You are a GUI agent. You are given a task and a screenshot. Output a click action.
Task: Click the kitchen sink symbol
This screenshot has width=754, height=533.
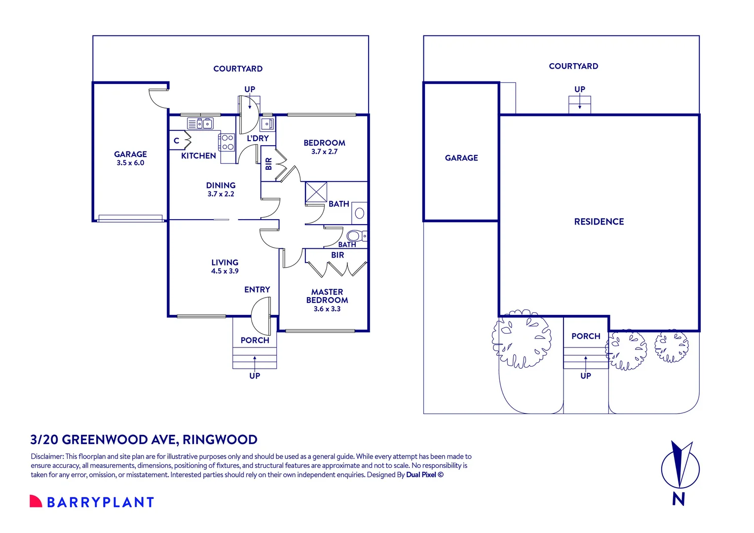pos(200,123)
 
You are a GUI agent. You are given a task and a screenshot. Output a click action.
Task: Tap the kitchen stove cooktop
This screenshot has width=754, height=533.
pos(227,143)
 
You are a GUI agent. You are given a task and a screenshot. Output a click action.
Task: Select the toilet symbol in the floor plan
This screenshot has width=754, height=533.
pos(356,236)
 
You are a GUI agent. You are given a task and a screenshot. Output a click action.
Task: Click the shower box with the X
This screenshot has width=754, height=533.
pos(316,192)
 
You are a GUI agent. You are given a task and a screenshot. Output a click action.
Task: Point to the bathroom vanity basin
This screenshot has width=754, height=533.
pos(360,213)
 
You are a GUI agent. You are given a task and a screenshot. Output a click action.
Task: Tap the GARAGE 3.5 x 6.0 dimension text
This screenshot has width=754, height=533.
pos(130,163)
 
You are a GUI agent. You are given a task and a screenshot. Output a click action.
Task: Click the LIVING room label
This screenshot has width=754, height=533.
pos(225,262)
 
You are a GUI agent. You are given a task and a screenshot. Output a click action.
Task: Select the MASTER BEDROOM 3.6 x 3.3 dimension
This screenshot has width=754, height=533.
pos(327,309)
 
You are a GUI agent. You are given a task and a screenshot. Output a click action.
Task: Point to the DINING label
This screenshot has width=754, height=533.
pos(221,185)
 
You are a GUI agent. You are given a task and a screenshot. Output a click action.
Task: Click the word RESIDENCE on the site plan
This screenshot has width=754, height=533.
pos(599,222)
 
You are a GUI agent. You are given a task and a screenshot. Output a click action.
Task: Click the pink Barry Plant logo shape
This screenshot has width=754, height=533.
pos(36,501)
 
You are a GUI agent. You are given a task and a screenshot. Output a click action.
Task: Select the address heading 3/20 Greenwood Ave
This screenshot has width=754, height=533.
pos(144,439)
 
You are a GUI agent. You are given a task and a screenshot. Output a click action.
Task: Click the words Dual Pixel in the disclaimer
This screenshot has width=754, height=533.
pos(421,475)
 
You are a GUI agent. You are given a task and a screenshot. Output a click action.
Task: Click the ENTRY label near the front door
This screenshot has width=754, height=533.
pos(257,290)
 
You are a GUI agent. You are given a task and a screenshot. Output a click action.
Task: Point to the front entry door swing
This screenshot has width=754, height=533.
pos(261,316)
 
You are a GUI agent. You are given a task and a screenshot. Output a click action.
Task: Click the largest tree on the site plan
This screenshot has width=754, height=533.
pos(522,339)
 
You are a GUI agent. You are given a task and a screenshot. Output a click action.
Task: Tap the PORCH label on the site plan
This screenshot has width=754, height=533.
pos(586,336)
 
